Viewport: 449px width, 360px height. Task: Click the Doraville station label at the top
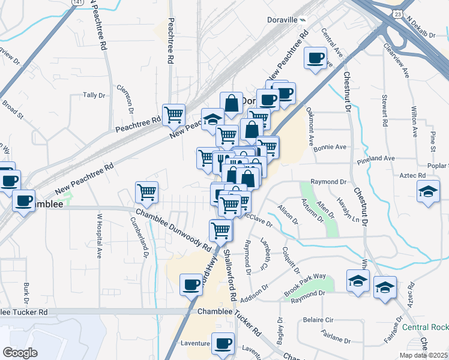point(282,20)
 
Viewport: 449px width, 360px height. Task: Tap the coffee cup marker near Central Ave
point(316,59)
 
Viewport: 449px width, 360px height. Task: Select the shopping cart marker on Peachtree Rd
point(173,114)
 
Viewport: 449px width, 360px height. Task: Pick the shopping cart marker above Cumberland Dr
point(146,193)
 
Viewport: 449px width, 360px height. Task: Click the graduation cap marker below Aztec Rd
point(427,193)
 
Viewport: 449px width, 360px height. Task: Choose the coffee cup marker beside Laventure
point(223,344)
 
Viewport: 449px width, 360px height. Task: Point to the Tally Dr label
point(94,95)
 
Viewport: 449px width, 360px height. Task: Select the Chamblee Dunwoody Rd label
point(173,230)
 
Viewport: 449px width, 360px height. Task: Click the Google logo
point(20,352)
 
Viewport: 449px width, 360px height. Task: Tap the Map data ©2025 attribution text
point(423,355)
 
